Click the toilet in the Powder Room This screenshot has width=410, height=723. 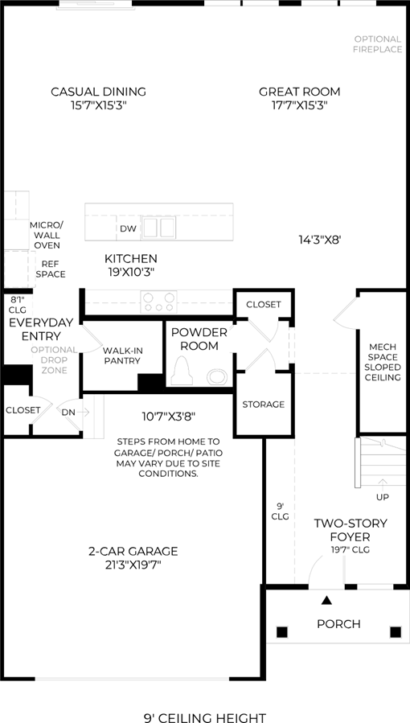(182, 372)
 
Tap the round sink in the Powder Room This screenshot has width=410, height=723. (217, 376)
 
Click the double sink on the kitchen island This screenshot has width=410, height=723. (159, 228)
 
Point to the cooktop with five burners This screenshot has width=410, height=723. (159, 302)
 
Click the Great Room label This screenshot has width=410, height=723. (299, 92)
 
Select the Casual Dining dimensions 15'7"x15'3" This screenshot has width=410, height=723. (99, 105)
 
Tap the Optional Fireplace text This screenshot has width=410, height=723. (378, 44)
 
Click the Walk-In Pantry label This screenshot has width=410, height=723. (121, 355)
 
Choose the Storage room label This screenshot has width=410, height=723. (264, 405)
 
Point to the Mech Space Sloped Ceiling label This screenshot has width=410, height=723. (383, 363)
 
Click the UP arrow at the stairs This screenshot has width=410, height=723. (383, 483)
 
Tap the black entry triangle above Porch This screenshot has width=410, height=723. (326, 600)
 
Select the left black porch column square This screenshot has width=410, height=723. (282, 631)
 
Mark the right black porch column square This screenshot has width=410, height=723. (396, 631)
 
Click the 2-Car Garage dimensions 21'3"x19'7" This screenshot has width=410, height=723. (133, 565)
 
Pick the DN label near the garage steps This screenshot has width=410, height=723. (68, 413)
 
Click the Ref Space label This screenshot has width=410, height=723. (51, 269)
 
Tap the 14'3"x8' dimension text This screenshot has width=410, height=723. (319, 240)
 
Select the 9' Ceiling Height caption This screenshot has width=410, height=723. (205, 717)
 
